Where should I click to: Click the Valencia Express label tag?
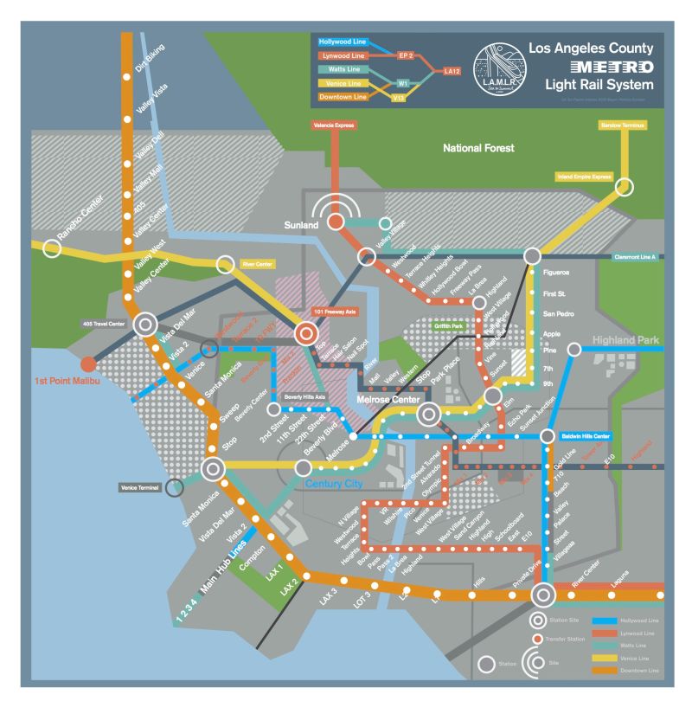coord(333,125)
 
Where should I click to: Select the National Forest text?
coord(478,149)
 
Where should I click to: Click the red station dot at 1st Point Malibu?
coord(87,364)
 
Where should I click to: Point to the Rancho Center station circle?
coord(52,248)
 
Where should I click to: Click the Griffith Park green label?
coord(449,327)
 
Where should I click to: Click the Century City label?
coord(334,484)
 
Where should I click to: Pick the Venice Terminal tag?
coord(140,489)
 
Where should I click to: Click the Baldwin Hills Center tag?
coord(586,435)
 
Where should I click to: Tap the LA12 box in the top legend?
coord(452,70)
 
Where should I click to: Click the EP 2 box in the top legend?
coord(406,55)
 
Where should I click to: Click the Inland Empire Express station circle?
coord(624,187)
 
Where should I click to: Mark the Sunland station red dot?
coord(336,222)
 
